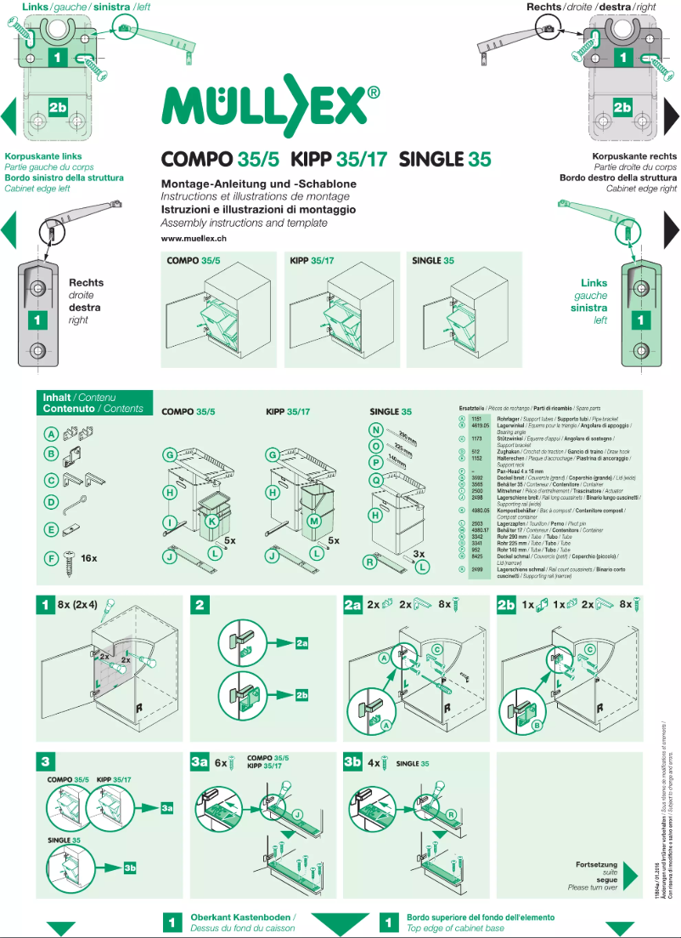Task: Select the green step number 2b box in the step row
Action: (x=507, y=605)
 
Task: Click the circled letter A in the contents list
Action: (x=52, y=433)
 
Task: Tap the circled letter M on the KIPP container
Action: (x=314, y=520)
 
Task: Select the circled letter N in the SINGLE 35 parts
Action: (x=375, y=429)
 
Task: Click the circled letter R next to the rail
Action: (x=370, y=561)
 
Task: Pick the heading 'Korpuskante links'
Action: (x=43, y=156)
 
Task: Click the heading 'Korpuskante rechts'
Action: (x=634, y=156)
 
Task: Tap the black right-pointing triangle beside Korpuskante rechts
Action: (x=671, y=229)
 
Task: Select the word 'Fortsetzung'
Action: (x=596, y=865)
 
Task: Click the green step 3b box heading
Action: (x=353, y=762)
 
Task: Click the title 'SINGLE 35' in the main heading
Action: (x=444, y=159)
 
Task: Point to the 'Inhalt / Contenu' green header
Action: (x=79, y=397)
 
